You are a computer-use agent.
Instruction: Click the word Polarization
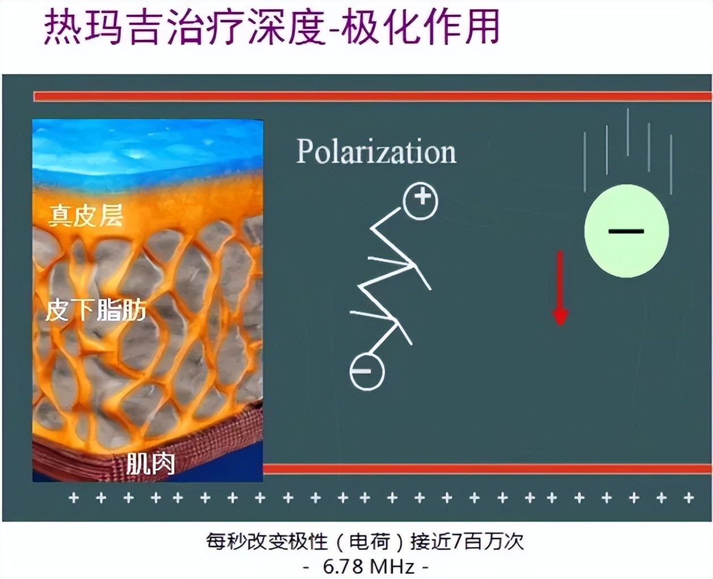[x=376, y=152]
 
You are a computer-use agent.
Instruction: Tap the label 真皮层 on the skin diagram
[x=86, y=216]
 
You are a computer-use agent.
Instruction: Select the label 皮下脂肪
[x=96, y=311]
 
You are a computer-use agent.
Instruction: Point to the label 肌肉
[x=150, y=464]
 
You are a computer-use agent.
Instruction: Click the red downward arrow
[x=560, y=288]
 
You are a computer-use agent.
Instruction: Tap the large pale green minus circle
[x=627, y=231]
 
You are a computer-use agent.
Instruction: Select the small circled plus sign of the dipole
[x=421, y=201]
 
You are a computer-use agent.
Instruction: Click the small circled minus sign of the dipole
[x=367, y=372]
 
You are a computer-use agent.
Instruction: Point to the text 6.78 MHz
[x=368, y=567]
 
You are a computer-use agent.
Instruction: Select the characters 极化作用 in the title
[x=420, y=27]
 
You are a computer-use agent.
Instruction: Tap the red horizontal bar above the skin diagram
[x=373, y=96]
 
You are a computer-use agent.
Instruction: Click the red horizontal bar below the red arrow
[x=488, y=469]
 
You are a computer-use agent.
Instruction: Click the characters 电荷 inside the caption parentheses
[x=370, y=541]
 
